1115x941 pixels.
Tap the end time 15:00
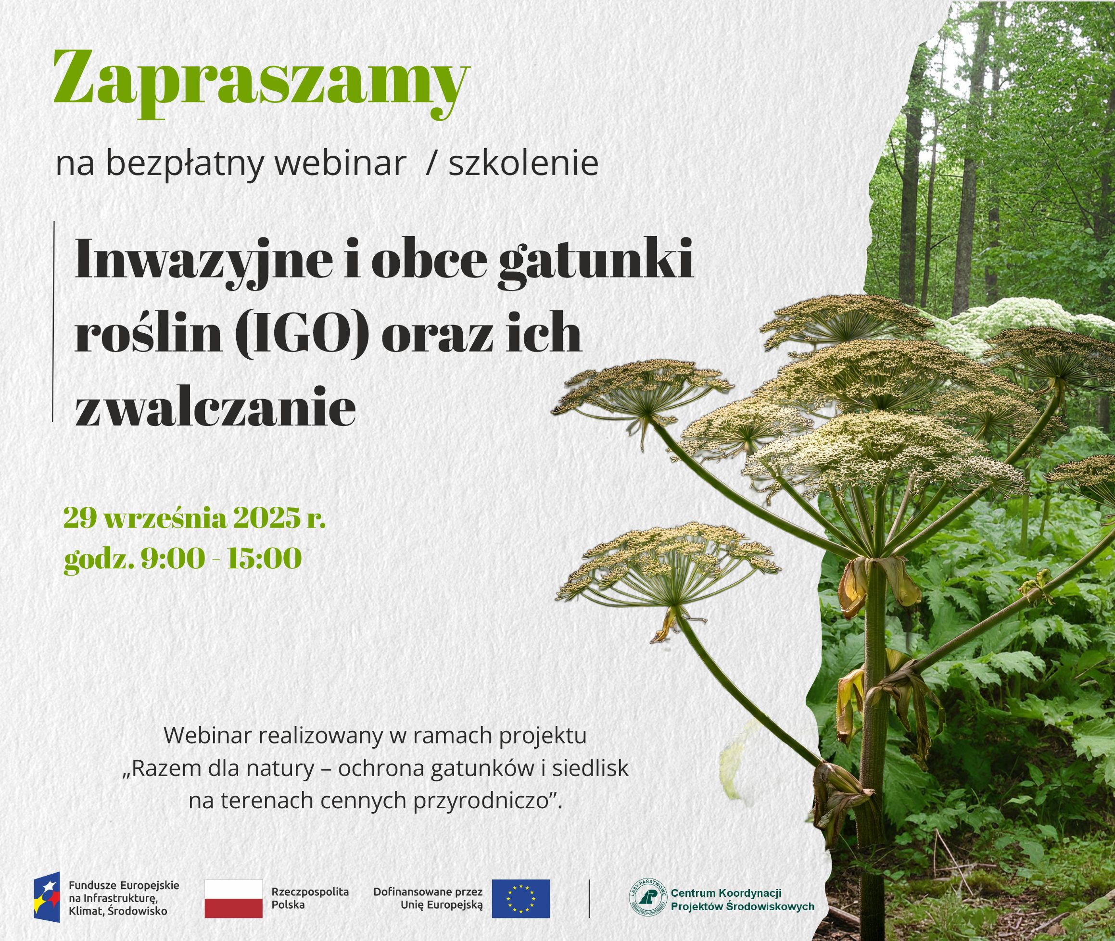coord(264,559)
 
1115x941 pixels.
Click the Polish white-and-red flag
coord(233,898)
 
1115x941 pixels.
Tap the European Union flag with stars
coord(520,898)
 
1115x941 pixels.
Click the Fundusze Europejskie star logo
coord(47,899)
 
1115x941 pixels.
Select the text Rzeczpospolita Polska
coord(310,898)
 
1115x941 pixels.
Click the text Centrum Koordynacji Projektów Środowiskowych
coord(742,899)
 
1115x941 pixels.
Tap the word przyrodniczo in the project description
coord(481,801)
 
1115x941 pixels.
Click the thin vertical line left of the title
coord(53,322)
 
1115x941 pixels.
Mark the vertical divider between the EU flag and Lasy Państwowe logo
coord(589,898)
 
